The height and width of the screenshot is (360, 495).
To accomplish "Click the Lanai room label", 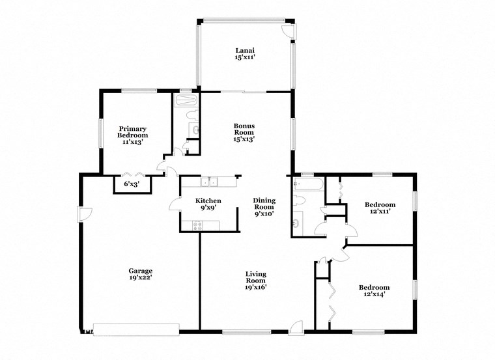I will pos(244,54).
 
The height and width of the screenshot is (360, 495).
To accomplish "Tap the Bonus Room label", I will pos(244,132).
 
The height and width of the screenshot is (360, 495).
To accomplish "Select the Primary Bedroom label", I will pos(132,132).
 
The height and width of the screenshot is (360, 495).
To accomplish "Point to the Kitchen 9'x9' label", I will pos(208,204).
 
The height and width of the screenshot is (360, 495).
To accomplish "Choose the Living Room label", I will pos(255,280).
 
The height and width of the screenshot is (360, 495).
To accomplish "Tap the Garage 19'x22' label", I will pos(140,273).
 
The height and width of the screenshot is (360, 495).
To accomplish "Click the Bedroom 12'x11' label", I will pos(381,208).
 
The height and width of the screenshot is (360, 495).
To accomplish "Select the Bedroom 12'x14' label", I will pos(375,290).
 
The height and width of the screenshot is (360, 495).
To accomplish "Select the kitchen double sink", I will pos(209,182).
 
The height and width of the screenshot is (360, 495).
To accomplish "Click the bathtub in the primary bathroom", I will pos(186,100).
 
